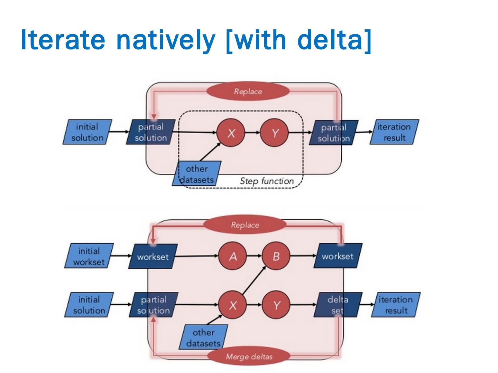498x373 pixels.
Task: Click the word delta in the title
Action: tap(330, 40)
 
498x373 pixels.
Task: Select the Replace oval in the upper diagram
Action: tap(248, 91)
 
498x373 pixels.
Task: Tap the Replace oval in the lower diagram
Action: tap(245, 224)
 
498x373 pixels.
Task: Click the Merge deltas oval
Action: tap(249, 357)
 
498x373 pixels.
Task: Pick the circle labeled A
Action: tap(232, 256)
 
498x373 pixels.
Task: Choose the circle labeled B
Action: tap(276, 256)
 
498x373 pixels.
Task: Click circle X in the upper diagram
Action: tap(231, 133)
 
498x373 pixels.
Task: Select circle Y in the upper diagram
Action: tap(274, 133)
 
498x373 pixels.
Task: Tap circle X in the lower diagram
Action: tap(232, 305)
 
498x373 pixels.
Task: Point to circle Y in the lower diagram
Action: tap(276, 305)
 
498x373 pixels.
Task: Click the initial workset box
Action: tap(89, 256)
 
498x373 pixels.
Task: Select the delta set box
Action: tap(338, 305)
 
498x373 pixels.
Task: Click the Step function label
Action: tap(267, 181)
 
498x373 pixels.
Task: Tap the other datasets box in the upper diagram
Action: tap(196, 173)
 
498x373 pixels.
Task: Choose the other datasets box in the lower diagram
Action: tap(203, 337)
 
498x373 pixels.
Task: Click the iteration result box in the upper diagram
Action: tap(394, 132)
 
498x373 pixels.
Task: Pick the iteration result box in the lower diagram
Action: tap(396, 305)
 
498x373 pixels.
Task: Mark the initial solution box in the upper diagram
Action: tap(87, 132)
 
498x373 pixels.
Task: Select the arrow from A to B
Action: tap(254, 256)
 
